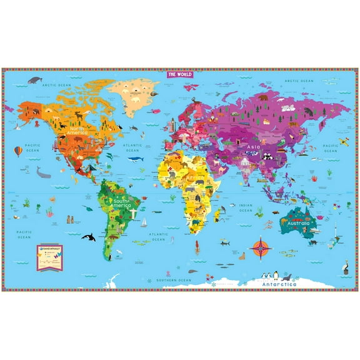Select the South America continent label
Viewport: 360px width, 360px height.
tap(120, 202)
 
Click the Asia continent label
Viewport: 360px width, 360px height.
tap(252, 147)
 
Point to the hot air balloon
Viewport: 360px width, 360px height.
tap(18, 151)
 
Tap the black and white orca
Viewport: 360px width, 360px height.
tap(90, 237)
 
